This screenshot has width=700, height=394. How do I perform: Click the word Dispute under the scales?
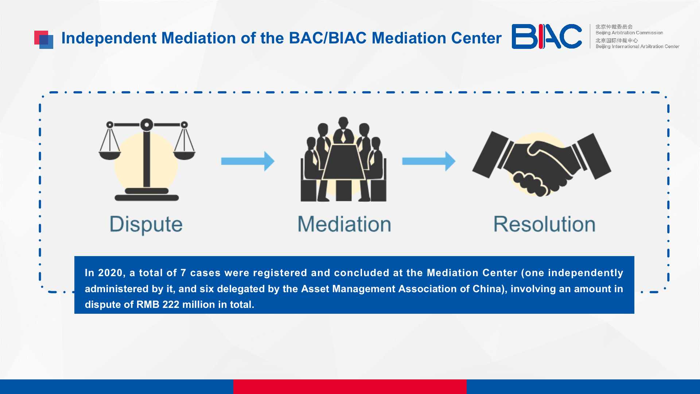pyautogui.click(x=146, y=224)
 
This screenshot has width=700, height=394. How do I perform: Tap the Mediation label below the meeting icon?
pyautogui.click(x=344, y=224)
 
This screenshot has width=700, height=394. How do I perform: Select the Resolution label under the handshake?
pyautogui.click(x=544, y=224)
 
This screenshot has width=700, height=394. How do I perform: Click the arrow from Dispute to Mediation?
pyautogui.click(x=248, y=161)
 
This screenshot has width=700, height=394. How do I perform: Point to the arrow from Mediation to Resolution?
pyautogui.click(x=429, y=161)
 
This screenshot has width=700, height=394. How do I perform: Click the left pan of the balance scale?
pyautogui.click(x=110, y=155)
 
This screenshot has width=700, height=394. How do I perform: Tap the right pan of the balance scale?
pyautogui.click(x=184, y=155)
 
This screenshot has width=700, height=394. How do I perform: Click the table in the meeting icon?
pyautogui.click(x=343, y=162)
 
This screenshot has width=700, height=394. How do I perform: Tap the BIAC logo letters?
pyautogui.click(x=547, y=36)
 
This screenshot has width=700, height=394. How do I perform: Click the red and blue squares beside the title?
pyautogui.click(x=44, y=39)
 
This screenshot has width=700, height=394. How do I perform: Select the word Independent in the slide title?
pyautogui.click(x=109, y=38)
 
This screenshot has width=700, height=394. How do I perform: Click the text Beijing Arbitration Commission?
pyautogui.click(x=629, y=33)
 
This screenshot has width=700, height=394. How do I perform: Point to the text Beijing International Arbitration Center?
pyautogui.click(x=637, y=46)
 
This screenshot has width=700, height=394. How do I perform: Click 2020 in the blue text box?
pyautogui.click(x=110, y=273)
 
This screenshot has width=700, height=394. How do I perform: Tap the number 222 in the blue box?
pyautogui.click(x=170, y=305)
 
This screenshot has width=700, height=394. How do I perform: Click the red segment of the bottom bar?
pyautogui.click(x=350, y=387)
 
